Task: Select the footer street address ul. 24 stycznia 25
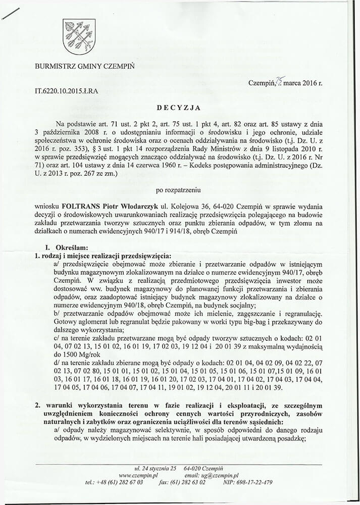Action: tap(152, 468)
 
